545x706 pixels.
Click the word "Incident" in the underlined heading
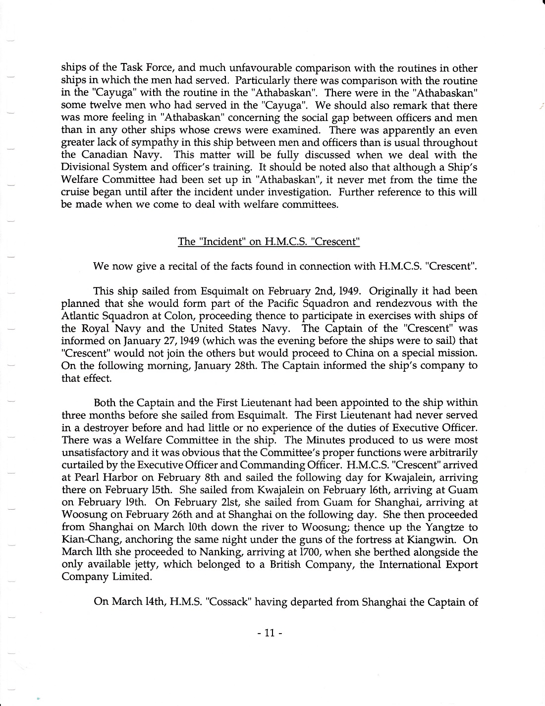(x=219, y=242)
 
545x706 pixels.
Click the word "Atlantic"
(x=79, y=316)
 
